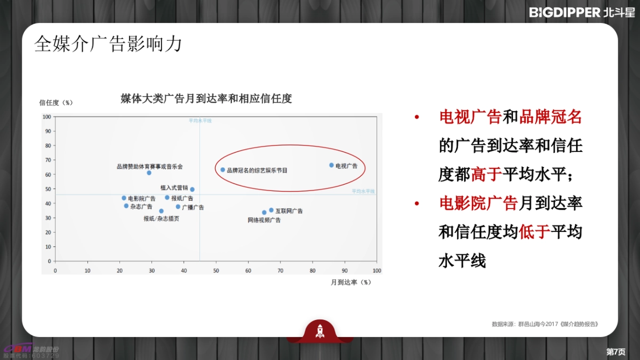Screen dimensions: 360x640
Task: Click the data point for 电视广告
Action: coord(331,165)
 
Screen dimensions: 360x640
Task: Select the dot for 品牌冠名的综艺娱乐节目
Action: coord(223,170)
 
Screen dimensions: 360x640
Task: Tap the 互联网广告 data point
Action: coord(271,210)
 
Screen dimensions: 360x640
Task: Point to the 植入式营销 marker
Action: coord(192,189)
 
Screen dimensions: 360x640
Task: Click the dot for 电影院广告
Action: coord(124,198)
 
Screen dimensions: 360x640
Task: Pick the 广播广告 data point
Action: coord(178,207)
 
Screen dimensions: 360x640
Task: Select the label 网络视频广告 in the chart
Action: coord(264,220)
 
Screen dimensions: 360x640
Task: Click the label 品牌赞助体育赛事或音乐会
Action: coord(149,166)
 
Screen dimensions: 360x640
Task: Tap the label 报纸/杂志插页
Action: coord(161,219)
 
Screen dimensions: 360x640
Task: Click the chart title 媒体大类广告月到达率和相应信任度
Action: coord(206,99)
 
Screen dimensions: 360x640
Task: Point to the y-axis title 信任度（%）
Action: coord(56,102)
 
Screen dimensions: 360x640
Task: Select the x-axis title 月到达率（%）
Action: coord(350,282)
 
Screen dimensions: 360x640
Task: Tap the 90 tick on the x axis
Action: coord(345,270)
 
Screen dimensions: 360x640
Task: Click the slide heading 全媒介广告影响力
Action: coord(108,44)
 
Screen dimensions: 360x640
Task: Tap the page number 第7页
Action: coord(616,351)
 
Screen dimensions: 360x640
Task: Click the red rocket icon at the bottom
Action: coord(320,331)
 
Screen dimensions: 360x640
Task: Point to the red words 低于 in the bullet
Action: coord(534,232)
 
